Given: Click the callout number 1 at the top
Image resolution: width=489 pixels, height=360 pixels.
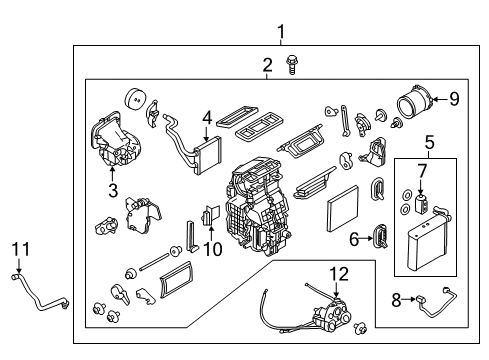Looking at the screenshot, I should click(281, 30).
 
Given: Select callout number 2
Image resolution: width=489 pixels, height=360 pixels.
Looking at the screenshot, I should click(267, 65).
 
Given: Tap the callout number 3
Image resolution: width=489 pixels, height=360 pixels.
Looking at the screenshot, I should click(112, 189).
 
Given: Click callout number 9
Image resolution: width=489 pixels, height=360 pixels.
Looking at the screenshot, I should click(455, 98).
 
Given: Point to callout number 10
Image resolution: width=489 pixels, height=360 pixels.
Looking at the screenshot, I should click(210, 247).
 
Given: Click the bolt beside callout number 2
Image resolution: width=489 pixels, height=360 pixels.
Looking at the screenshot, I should click(294, 67).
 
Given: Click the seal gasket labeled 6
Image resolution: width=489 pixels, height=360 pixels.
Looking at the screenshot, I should click(381, 236).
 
